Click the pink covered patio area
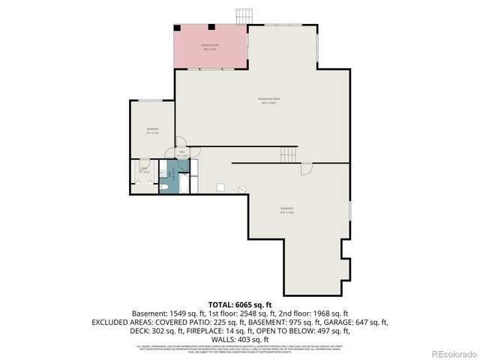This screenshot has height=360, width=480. [x=210, y=46]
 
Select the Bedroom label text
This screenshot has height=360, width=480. [x=152, y=130]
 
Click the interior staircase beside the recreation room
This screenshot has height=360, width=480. [x=289, y=154]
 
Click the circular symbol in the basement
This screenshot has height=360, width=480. [x=241, y=189]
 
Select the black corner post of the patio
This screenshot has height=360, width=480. [x=178, y=28]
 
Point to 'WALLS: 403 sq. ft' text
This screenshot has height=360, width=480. [x=239, y=339]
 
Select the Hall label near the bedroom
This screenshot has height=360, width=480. [x=182, y=154]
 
